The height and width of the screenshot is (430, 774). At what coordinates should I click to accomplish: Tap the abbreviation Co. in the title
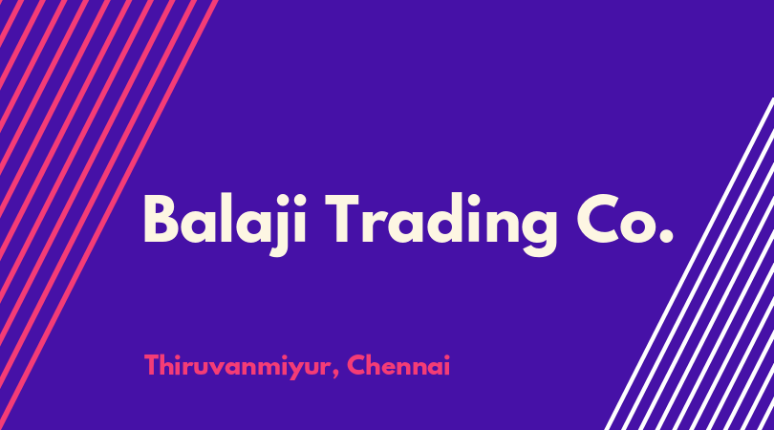pyautogui.click(x=625, y=219)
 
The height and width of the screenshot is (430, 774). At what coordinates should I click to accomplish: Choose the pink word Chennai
pyautogui.click(x=398, y=365)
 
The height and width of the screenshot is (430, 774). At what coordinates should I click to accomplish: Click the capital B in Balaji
pyautogui.click(x=161, y=219)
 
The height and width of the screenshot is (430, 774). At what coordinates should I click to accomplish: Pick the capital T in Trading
pyautogui.click(x=341, y=219)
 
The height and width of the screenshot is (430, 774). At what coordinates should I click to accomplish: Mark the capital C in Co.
pyautogui.click(x=597, y=219)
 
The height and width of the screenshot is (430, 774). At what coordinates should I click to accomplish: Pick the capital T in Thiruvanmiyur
pyautogui.click(x=153, y=365)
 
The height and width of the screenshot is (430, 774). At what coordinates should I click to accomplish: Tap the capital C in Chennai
pyautogui.click(x=356, y=365)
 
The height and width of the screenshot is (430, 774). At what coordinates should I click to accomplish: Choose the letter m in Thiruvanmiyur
pyautogui.click(x=265, y=368)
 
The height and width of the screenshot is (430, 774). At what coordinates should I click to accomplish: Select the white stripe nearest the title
pyautogui.click(x=689, y=264)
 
